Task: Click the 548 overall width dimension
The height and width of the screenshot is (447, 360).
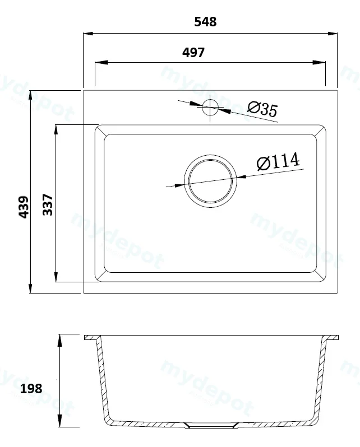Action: point(205,22)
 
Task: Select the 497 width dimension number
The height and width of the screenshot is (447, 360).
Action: point(193,53)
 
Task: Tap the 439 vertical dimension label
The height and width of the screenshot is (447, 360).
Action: point(24,207)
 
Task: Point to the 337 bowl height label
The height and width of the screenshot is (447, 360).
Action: point(48,204)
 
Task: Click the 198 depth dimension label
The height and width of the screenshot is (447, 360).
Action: point(31,388)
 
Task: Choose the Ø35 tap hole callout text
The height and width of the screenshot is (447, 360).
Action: point(262,109)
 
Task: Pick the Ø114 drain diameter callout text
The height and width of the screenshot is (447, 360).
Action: point(278,161)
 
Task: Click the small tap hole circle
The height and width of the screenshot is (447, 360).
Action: point(210,108)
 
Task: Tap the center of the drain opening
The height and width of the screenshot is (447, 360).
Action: point(210,181)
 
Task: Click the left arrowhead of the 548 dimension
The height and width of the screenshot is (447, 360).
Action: point(88,34)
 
